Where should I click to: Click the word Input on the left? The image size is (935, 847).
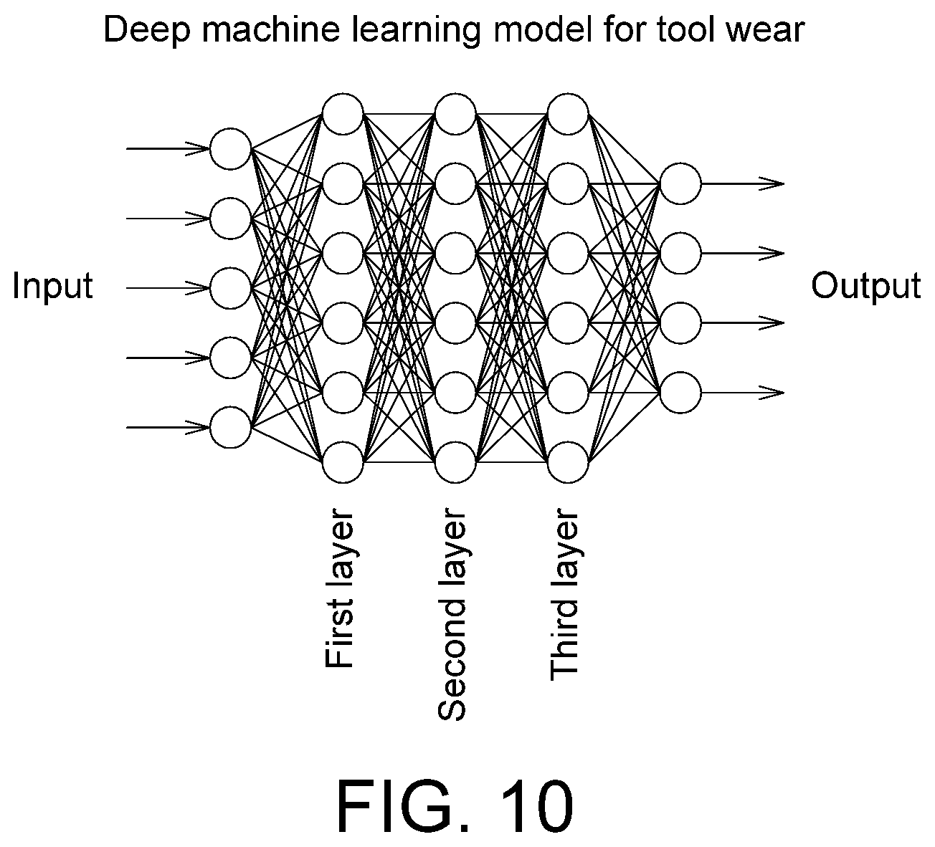point(52,286)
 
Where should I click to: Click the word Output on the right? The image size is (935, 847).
point(866,286)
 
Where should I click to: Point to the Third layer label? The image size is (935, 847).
point(564,597)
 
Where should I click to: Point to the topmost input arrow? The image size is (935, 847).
point(169,149)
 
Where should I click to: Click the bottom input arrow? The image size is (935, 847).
point(169,427)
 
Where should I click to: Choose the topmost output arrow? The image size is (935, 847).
point(743,183)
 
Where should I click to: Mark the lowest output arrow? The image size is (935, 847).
point(743,392)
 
